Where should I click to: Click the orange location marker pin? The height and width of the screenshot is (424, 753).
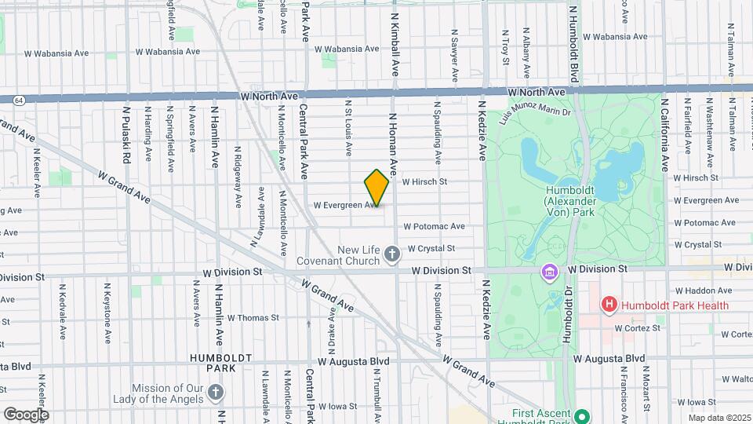tap(376, 188)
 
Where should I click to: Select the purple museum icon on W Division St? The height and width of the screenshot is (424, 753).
tap(550, 272)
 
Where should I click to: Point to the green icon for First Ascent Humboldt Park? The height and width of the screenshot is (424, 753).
tap(581, 416)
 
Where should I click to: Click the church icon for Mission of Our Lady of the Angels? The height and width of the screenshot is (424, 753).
tap(216, 393)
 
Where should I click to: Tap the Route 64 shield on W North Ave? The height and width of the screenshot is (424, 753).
tap(18, 100)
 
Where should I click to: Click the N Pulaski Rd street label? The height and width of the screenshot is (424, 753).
tap(125, 133)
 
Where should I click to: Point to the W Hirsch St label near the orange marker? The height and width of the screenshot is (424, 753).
tap(424, 181)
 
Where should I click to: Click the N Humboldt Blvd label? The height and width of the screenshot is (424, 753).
tap(574, 43)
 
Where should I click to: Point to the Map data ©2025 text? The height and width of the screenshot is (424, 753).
tap(718, 418)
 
